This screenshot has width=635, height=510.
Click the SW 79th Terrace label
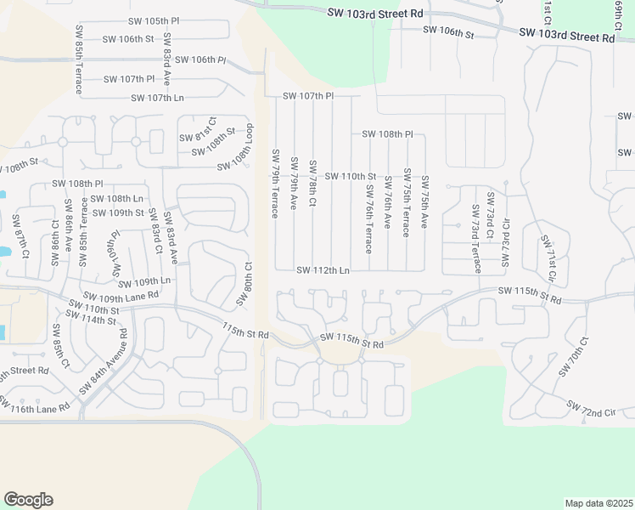pyautogui.click(x=275, y=183)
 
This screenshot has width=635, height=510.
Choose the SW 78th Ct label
pyautogui.click(x=312, y=183)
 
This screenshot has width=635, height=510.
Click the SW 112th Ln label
pyautogui.click(x=323, y=270)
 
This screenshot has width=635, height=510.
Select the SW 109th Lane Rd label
pyautogui.click(x=117, y=297)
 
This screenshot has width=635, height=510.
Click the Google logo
pyautogui.click(x=28, y=500)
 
